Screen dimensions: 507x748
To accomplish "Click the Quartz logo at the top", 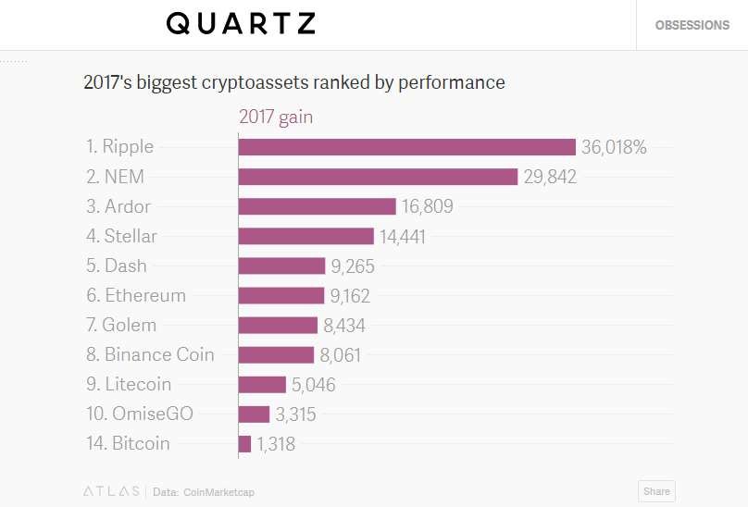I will click(x=241, y=24).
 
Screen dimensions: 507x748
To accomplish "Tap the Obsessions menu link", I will click(x=692, y=25).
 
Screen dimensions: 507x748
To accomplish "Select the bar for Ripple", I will click(x=407, y=147).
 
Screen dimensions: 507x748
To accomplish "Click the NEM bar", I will click(x=378, y=177).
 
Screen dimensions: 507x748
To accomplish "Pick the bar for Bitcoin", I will click(x=244, y=444).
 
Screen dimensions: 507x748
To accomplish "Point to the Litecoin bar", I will click(x=262, y=385).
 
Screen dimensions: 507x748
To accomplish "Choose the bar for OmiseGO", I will click(x=254, y=414).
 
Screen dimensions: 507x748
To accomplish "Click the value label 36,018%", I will click(x=614, y=147).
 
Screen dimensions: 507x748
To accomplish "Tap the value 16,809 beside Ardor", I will click(x=428, y=206).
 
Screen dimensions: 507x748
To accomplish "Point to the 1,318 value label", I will click(x=276, y=444).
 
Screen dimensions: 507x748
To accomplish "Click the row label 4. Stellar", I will click(x=121, y=236).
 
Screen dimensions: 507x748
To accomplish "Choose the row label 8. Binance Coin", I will click(x=150, y=354).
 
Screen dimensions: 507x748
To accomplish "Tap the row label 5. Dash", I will click(x=116, y=266).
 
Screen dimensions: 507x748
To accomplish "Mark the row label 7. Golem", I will click(x=121, y=325).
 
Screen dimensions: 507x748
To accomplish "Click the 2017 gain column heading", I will click(x=276, y=117).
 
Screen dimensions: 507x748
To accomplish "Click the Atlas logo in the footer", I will click(x=111, y=491).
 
